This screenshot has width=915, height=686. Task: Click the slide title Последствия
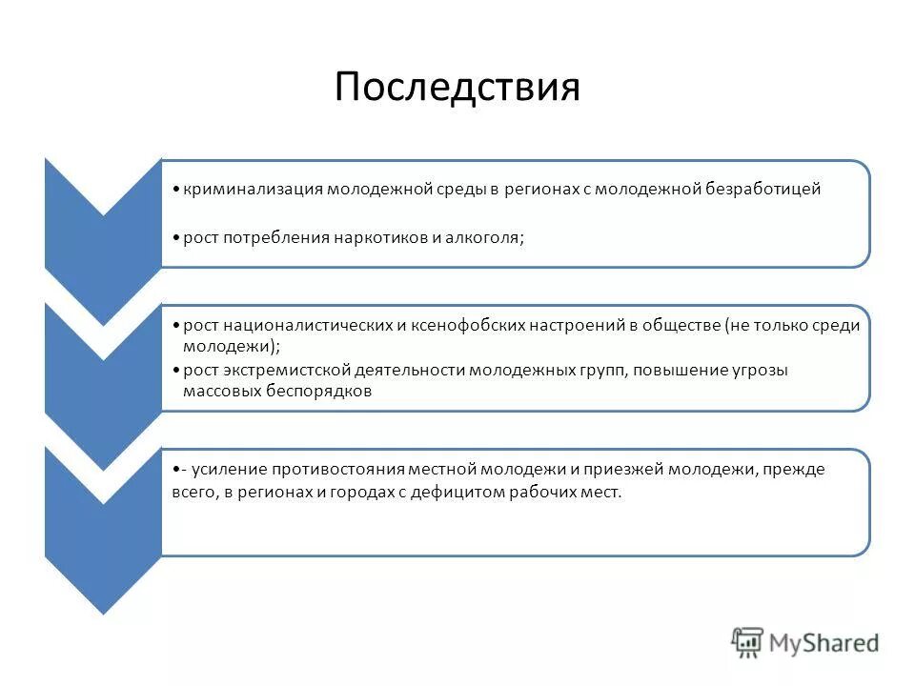coord(457,88)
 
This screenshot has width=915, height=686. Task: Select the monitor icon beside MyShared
coord(747,643)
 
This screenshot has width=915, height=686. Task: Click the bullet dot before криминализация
coord(178,190)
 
